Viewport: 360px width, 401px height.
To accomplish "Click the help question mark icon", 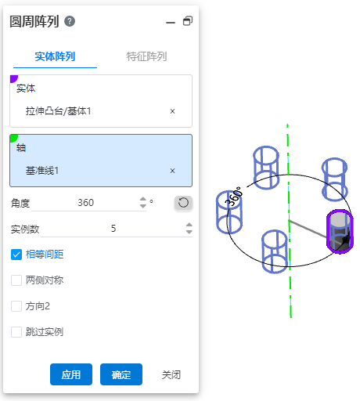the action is pos(70,21).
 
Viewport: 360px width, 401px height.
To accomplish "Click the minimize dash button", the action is pos(171,23).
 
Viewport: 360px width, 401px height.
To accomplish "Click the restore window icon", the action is pos(188,21).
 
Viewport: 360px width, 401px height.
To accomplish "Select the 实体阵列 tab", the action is pos(55,56).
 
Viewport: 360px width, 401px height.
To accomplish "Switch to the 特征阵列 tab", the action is pos(146,56).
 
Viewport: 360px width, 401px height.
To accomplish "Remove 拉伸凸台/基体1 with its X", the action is pos(172,111).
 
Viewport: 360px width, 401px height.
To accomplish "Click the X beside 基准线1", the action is pos(172,171).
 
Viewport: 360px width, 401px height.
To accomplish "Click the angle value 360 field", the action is pos(86,203).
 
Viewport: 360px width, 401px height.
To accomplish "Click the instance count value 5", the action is pos(113,229).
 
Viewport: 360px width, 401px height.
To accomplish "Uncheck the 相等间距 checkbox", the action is pos(16,255).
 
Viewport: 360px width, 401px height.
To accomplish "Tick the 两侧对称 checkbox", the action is pos(16,280).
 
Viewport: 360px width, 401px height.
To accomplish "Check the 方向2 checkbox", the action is pos(16,306).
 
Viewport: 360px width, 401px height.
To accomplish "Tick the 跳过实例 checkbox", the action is pos(16,332).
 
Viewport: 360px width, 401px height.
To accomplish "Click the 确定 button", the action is pos(121,374).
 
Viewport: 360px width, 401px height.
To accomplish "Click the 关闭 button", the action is pos(171,375).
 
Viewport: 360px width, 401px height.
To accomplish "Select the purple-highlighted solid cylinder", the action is pos(340,231).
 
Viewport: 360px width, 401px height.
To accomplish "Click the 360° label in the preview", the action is pos(234,196).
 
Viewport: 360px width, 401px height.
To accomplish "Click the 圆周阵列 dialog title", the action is pos(34,21).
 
